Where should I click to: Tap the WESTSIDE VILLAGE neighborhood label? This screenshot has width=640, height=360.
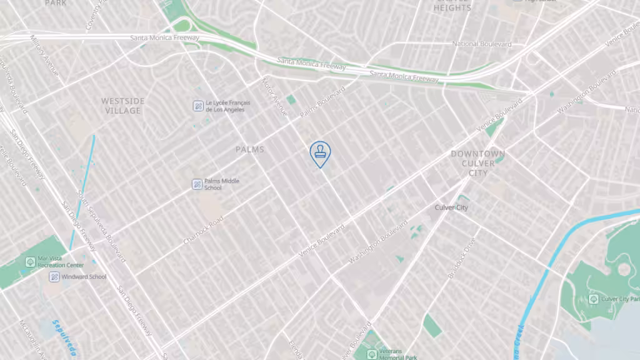(x=122, y=106)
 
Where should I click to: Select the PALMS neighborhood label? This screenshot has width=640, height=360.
(x=250, y=149)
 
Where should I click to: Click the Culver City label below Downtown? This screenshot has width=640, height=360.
(x=452, y=207)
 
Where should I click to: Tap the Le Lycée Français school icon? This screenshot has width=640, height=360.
(x=197, y=106)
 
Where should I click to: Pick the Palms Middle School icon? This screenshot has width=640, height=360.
(x=197, y=184)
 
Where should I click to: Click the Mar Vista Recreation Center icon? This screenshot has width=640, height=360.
(x=29, y=261)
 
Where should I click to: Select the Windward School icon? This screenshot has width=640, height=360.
(x=54, y=276)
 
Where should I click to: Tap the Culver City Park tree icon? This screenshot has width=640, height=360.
(x=593, y=299)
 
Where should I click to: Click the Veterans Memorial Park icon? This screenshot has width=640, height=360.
(x=371, y=354)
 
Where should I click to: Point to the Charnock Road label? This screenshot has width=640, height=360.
(x=203, y=231)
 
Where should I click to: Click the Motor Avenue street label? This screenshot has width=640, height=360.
(x=274, y=97)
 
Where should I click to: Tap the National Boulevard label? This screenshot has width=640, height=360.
(x=482, y=44)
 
